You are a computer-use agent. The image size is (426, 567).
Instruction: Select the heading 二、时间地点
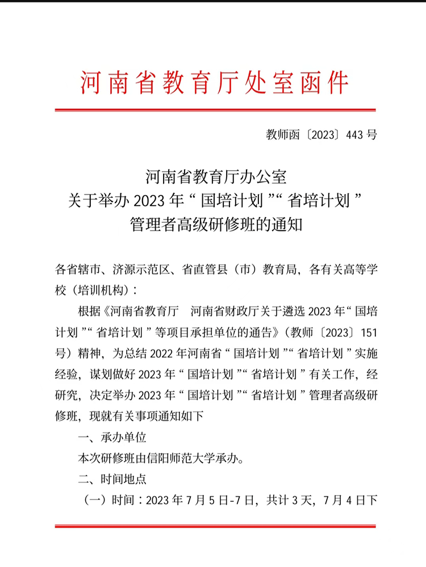(112, 479)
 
